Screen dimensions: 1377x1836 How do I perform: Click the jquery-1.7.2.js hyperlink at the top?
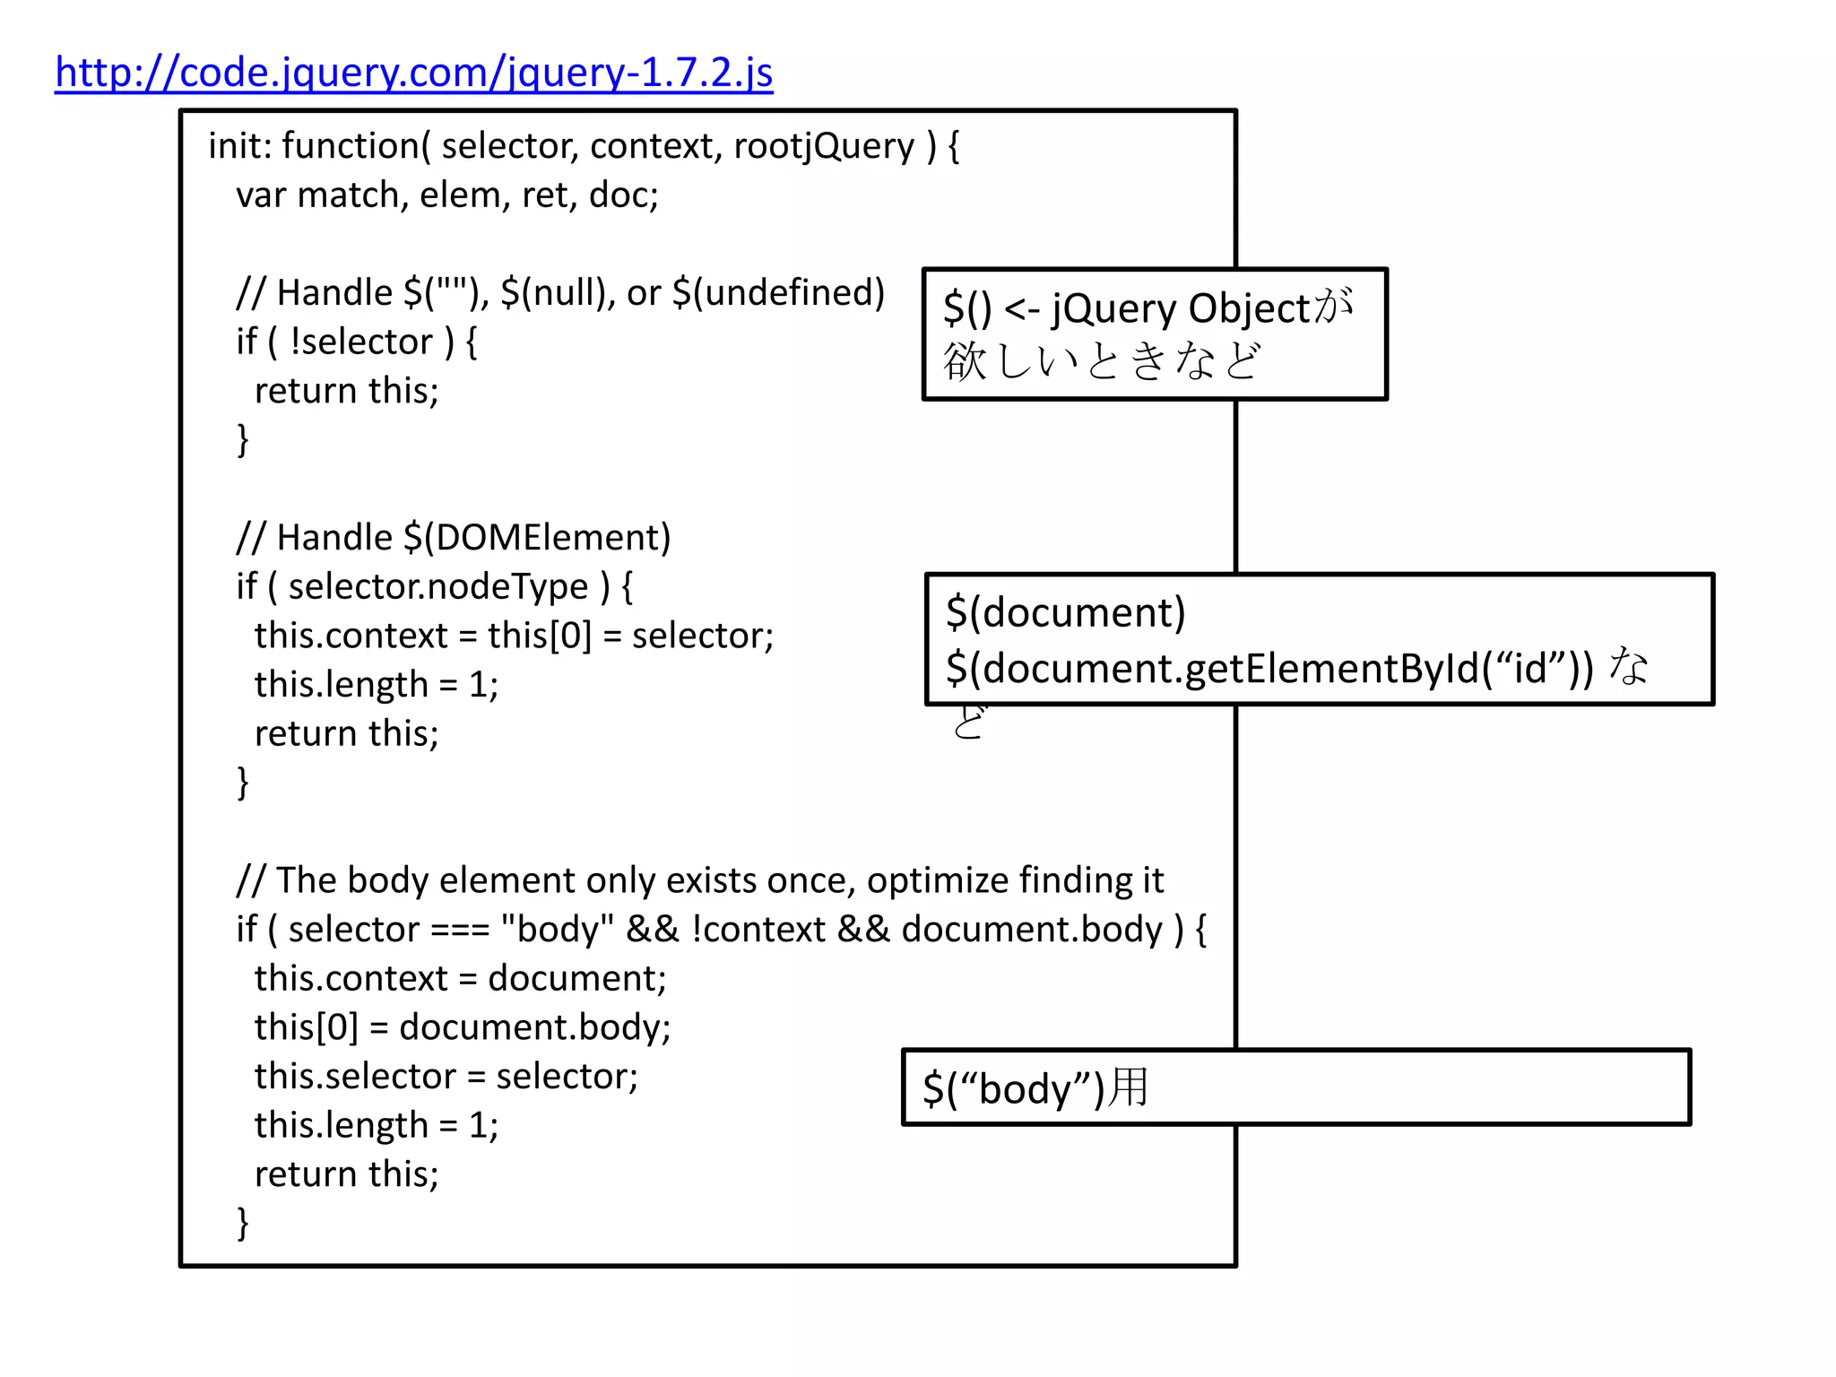point(413,73)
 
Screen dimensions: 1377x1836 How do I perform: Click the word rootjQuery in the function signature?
point(824,146)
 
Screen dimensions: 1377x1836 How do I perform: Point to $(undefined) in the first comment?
point(778,293)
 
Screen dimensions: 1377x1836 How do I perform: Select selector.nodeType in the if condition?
point(437,587)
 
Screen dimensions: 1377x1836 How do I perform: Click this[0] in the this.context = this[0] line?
point(539,636)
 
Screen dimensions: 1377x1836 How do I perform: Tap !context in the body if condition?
point(758,930)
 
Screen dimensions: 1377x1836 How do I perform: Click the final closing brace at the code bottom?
point(242,1223)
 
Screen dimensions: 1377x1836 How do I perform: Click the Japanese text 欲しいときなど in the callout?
point(1101,361)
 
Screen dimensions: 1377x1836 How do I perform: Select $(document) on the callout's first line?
point(1065,613)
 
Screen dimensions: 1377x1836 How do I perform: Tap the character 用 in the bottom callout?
point(1128,1087)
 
